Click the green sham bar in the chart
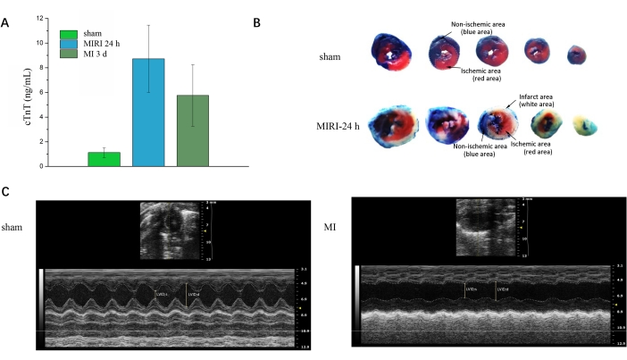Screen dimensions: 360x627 [x=104, y=159]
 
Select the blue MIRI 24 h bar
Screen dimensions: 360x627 [x=149, y=113]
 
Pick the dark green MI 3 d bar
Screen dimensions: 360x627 [x=194, y=130]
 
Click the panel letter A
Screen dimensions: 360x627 [x=7, y=22]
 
